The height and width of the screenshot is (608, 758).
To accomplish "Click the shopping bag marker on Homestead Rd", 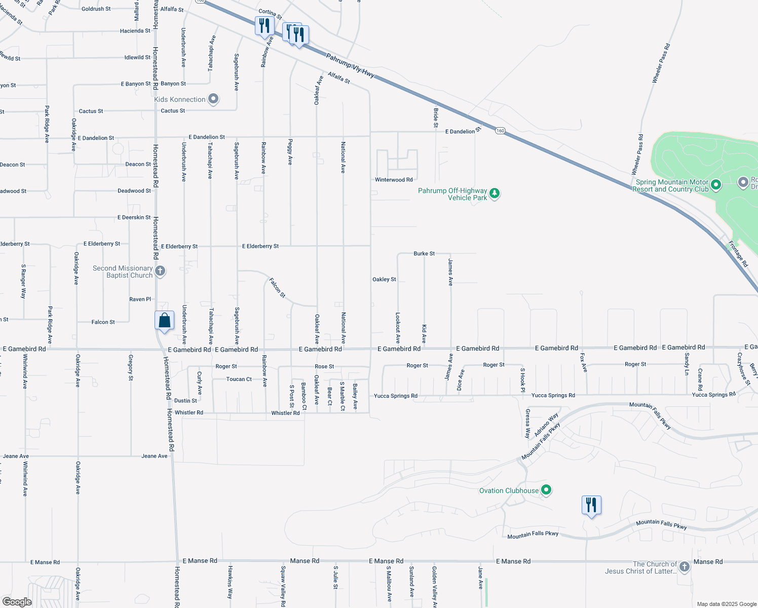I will coord(164,321).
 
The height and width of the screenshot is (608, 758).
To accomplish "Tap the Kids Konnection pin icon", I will coord(213,99).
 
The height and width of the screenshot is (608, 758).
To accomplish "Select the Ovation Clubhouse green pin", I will coord(546,490).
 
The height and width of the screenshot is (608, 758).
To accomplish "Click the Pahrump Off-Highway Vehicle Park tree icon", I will coord(495,194).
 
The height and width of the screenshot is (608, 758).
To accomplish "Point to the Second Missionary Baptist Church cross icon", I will coord(160,271).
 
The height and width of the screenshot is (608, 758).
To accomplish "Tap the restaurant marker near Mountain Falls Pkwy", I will coord(591,506).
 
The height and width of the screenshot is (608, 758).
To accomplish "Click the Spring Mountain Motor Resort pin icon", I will coord(716,185).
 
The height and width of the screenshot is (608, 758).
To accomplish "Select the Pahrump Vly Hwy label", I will coord(350,66).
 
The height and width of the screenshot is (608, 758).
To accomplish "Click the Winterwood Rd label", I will coord(394,180).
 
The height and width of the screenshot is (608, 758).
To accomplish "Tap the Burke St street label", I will coord(424,253).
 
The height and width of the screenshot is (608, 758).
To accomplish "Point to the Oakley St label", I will coord(384,279).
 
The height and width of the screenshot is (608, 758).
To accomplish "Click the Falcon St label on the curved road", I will coord(277,288).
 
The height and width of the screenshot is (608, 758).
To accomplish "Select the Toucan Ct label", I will coord(239,379).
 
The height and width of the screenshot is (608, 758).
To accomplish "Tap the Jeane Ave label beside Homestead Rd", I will coord(155,456).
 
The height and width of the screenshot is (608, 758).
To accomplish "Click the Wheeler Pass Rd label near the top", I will coord(661,63).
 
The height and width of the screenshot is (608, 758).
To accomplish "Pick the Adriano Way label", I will coord(546,425).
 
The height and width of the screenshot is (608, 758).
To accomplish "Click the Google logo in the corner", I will coord(17,602).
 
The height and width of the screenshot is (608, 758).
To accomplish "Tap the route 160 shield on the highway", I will coord(500,131).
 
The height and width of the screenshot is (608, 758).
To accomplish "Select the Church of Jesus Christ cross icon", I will coord(685,567).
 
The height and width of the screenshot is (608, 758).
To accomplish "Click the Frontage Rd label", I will coord(738,254).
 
